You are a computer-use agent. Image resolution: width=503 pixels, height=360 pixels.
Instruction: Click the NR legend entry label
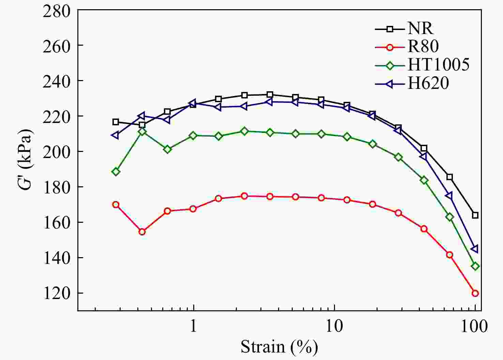point(421,28)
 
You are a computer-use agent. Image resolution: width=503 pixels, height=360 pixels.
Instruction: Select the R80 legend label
point(423,46)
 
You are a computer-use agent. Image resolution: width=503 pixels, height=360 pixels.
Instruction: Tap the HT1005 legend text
point(439,64)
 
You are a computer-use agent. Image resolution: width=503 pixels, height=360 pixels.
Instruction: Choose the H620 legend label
point(428,83)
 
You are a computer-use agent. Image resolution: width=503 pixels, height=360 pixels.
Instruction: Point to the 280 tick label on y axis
point(57,11)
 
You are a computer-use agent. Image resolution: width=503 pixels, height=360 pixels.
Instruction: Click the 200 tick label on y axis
point(57,151)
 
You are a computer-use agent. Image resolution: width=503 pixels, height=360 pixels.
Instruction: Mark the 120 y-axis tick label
point(57,293)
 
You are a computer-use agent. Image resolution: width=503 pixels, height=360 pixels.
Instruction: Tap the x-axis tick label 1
point(194,326)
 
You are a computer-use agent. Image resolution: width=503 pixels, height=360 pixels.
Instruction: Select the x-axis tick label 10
point(334,326)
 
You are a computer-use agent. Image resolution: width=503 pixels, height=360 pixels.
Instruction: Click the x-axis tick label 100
point(475,326)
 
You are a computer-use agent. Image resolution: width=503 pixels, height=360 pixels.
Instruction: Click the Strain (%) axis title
point(279,347)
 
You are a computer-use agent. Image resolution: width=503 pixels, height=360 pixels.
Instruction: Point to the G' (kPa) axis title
point(26,160)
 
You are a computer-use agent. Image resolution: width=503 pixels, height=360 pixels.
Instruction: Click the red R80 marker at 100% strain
point(475,293)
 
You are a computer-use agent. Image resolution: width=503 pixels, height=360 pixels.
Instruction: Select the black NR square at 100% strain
point(475,215)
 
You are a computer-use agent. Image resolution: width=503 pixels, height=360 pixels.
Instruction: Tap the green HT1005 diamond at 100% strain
point(475,266)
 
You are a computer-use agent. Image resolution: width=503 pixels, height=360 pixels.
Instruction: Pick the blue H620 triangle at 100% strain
point(475,249)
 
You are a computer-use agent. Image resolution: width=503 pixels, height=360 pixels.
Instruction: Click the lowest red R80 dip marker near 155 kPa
point(142,232)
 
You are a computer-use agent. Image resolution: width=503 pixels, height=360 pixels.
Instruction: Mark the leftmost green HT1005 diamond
point(116,172)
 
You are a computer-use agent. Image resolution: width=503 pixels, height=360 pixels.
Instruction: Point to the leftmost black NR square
point(116,122)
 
